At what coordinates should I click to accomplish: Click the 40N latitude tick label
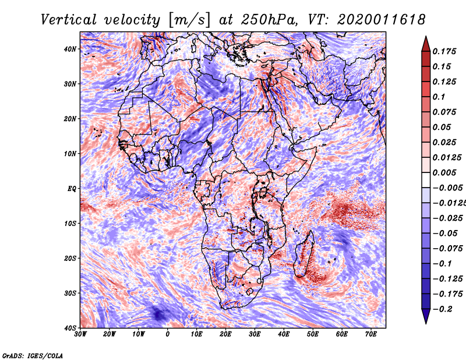point(70,49)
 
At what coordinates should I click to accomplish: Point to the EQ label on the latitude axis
point(72,189)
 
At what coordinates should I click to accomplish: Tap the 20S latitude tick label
point(70,258)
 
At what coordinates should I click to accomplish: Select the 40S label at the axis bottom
point(70,328)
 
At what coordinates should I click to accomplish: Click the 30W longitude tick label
point(80,334)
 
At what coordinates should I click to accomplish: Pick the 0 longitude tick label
point(168,334)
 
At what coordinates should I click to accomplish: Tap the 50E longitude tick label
point(313,334)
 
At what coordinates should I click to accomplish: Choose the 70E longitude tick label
point(371,334)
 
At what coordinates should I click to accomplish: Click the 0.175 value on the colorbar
point(444,51)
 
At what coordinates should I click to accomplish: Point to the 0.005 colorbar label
point(444,172)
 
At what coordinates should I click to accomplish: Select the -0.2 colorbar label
point(442,309)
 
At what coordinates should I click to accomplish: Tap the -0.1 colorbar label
point(442,264)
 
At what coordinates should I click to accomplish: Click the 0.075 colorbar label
point(444,112)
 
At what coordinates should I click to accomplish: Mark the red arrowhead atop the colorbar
point(426,45)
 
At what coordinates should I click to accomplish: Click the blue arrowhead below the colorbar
point(426,316)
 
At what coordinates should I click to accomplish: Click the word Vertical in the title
point(69,20)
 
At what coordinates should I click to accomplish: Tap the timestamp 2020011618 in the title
point(382,20)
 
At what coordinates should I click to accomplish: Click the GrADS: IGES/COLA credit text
point(33,355)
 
